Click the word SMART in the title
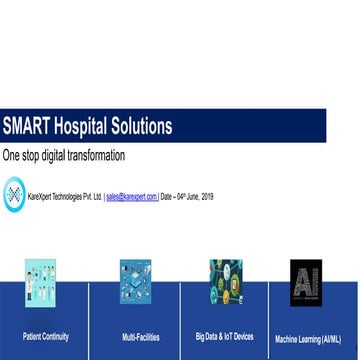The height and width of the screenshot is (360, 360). coord(27,127)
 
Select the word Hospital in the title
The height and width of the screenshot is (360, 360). coord(85,127)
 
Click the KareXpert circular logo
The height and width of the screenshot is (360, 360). coord(14,194)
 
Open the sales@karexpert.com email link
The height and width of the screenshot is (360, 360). coord(131,197)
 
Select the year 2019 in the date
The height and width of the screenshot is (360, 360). coord(206,197)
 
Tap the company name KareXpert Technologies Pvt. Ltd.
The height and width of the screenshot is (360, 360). coord(64,197)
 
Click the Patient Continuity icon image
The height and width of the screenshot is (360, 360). coord(40,282)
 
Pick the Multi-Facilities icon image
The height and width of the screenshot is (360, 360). coord(135,282)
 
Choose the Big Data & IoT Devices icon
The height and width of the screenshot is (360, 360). coord(225,282)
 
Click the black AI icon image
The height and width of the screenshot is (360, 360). coord(306,282)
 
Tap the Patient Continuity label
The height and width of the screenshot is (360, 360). coord(46,337)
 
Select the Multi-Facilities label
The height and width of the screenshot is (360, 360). coord(141,338)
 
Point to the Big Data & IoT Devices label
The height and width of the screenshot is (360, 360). coord(225,337)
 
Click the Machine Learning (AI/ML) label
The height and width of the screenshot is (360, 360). coord(308,339)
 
